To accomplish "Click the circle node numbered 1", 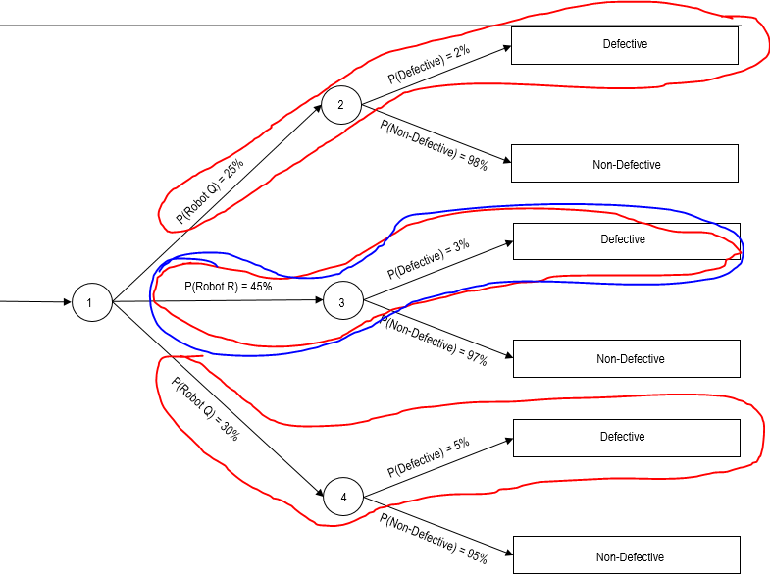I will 89,302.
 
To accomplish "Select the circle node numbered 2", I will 341,105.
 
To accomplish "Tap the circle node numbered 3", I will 341,302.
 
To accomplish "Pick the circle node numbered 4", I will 343,498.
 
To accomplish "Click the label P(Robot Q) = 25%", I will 210,190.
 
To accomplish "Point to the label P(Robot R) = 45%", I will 228,287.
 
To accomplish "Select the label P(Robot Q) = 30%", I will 205,409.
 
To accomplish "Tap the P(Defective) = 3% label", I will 429,259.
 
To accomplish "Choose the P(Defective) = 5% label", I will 429,457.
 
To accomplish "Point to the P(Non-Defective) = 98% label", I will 434,144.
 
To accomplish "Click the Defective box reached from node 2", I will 625,44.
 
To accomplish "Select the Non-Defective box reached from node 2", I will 626,164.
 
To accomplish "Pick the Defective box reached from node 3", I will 623,239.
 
